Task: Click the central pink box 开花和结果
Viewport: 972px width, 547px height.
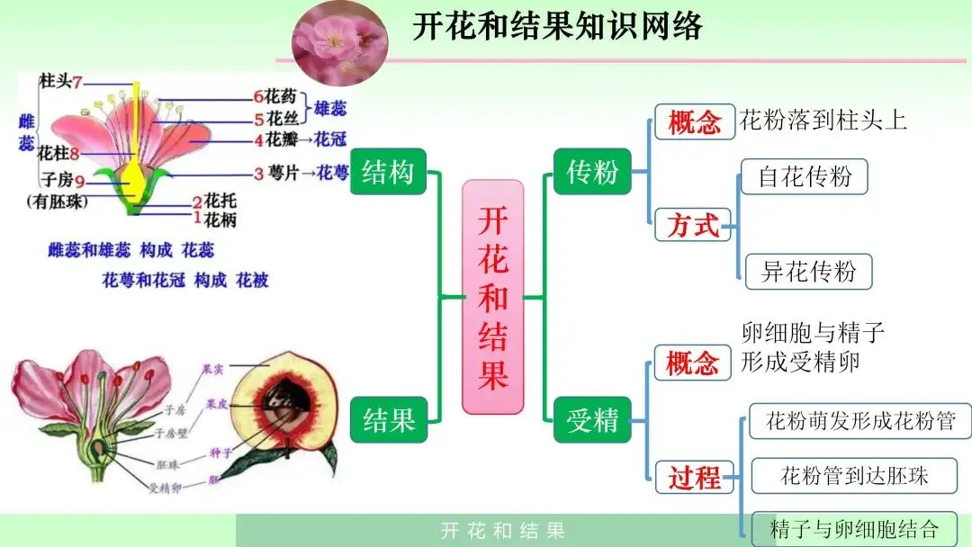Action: coord(492,297)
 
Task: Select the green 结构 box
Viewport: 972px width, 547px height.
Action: coord(388,171)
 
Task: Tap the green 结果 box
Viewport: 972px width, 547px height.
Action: coord(388,419)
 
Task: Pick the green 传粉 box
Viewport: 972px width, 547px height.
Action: coord(592,171)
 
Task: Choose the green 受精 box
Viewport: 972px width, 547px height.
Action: coord(592,419)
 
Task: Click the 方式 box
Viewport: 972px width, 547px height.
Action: coord(693,225)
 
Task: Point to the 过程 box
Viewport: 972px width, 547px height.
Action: coord(694,477)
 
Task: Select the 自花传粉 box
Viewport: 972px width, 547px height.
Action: coord(805,176)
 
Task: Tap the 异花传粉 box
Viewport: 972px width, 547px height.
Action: coord(808,271)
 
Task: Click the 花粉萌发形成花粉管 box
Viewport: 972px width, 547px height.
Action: coord(859,420)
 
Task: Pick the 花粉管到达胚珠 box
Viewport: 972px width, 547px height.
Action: coord(853,475)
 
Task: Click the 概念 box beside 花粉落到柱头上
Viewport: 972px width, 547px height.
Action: coord(694,121)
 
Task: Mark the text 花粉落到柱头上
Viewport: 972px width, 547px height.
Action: coord(823,120)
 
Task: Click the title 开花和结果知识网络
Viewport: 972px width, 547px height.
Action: coord(557,26)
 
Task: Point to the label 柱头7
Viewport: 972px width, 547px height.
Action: coord(60,81)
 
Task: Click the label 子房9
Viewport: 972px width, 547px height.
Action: coord(61,178)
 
